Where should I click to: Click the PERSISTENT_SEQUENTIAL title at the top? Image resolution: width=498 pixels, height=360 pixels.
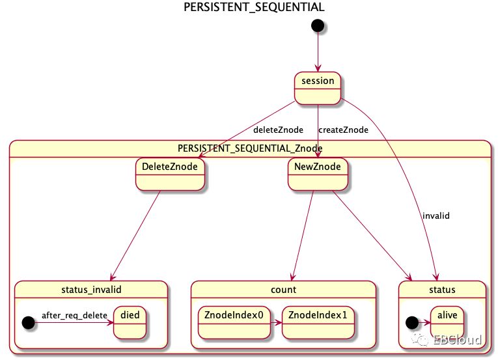click(x=254, y=7)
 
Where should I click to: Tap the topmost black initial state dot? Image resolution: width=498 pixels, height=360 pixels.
click(x=318, y=25)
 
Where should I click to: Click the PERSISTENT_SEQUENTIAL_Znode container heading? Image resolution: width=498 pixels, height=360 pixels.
click(x=251, y=148)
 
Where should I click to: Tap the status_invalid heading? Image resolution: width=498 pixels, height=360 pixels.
click(x=91, y=289)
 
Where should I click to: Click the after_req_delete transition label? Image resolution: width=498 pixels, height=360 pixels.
click(x=74, y=315)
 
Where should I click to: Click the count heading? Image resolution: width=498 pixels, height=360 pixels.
click(x=283, y=289)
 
